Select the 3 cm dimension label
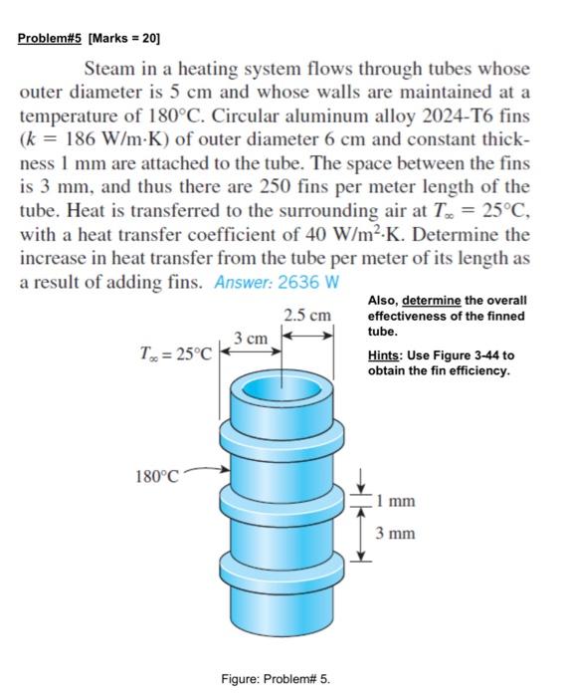coord(251,338)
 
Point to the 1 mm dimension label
coord(395,502)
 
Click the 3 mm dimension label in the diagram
coord(395,534)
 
